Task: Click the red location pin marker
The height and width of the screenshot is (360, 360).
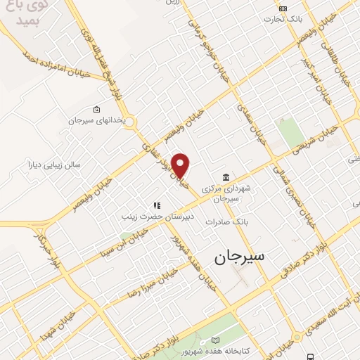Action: [x=181, y=165]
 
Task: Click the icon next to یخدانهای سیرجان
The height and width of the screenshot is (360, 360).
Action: [x=96, y=110]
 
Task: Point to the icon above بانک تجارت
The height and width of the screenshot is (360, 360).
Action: [x=283, y=8]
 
